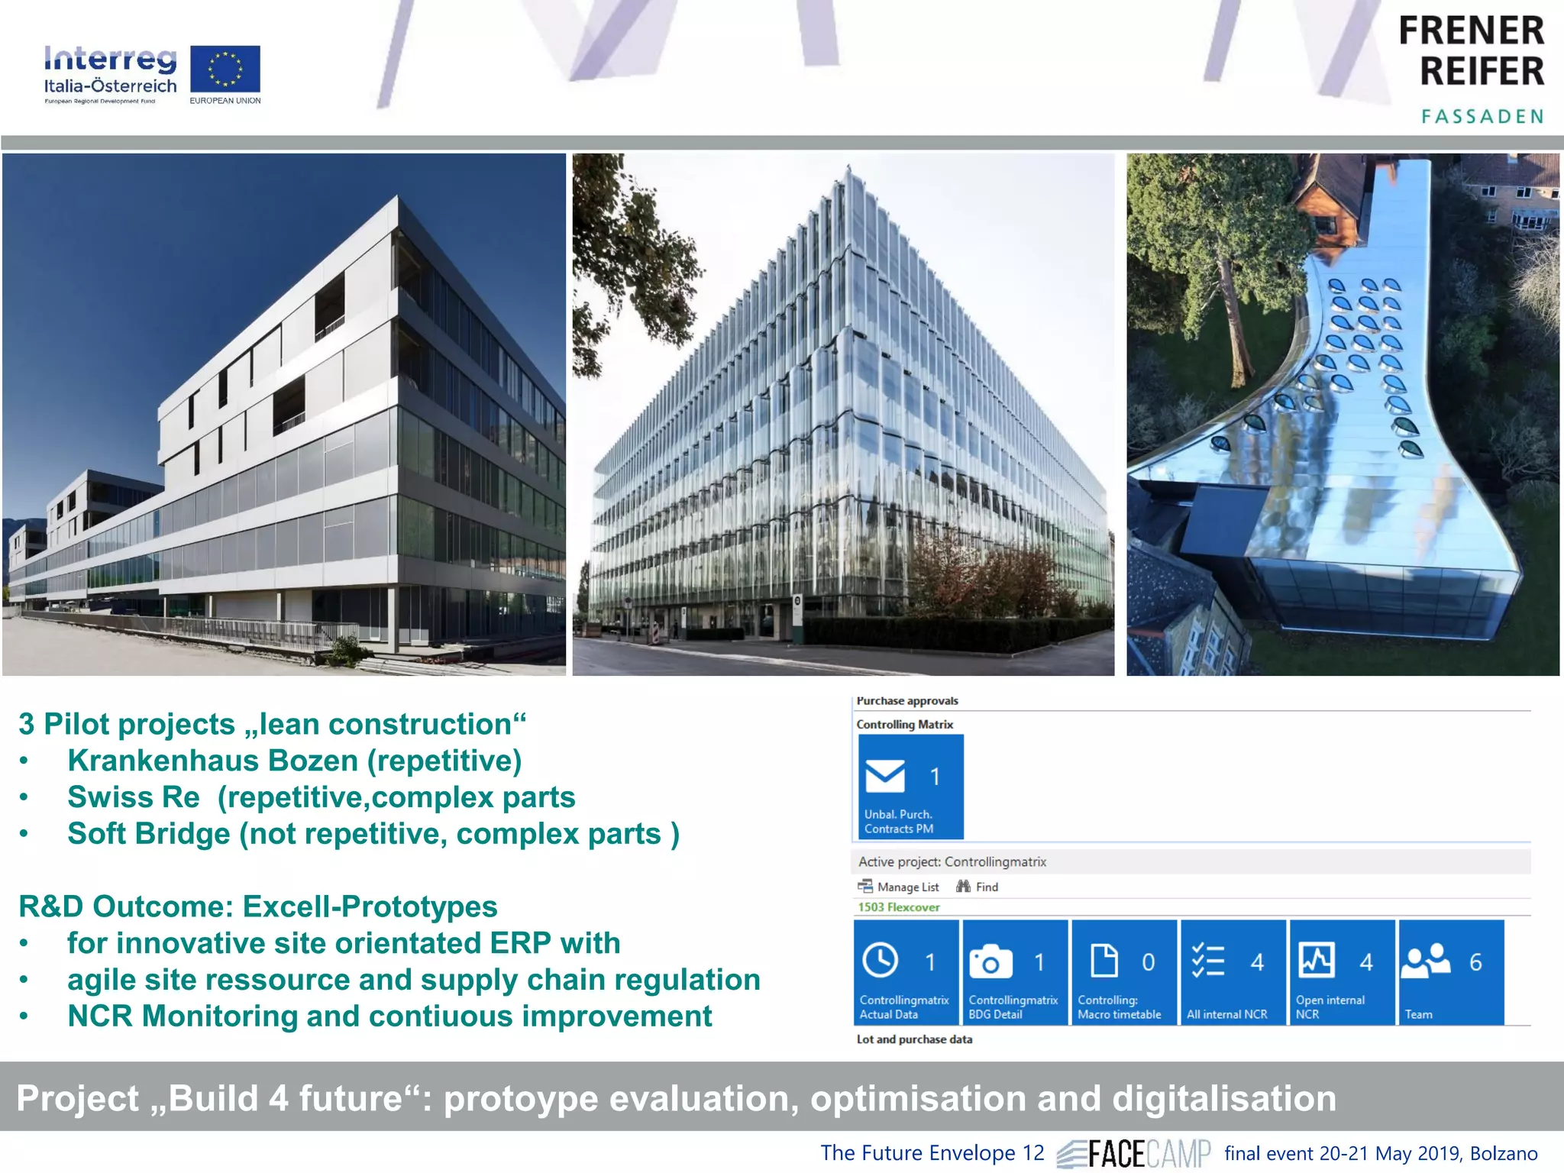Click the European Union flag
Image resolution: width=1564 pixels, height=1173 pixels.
coord(225,69)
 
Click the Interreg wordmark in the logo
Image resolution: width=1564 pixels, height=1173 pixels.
coord(110,59)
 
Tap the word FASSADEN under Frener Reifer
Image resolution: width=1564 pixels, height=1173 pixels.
coord(1482,116)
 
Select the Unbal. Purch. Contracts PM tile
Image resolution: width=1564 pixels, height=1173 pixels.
coord(910,787)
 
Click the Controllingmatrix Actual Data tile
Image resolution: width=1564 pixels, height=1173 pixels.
coord(906,971)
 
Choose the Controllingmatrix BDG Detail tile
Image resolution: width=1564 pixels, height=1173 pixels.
coord(1015,971)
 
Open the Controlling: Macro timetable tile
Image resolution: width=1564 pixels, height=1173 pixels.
coord(1123,971)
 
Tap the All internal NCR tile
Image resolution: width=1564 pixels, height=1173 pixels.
coord(1233,971)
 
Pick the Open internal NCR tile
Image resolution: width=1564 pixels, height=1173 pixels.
coord(1342,971)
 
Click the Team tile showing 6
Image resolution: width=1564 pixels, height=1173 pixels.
coord(1450,971)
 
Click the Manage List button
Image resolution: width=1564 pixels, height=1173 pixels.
coord(899,887)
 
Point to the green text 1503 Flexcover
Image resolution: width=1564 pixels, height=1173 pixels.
coord(898,907)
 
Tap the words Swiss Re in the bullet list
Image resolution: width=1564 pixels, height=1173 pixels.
coord(134,797)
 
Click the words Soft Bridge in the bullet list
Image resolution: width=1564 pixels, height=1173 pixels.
coord(148,834)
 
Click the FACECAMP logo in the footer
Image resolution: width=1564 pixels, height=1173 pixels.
coord(1134,1153)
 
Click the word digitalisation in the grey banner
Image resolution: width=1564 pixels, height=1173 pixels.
coord(1223,1098)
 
